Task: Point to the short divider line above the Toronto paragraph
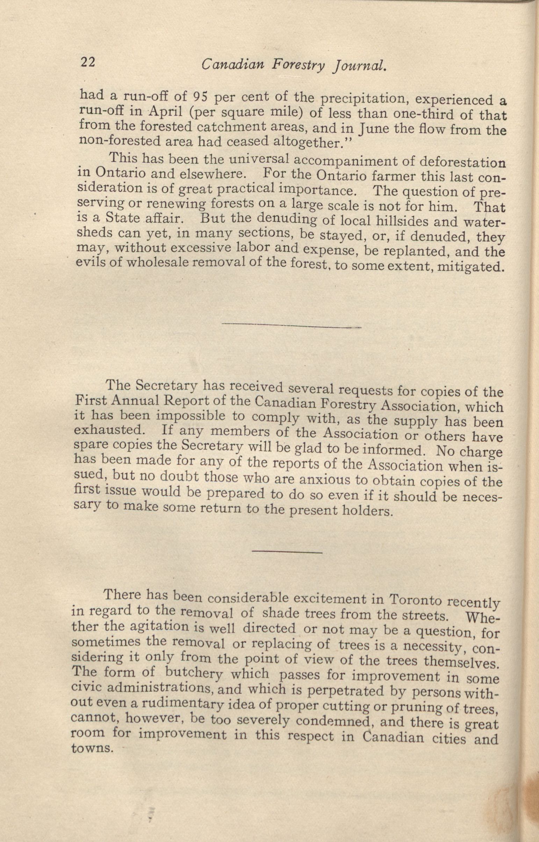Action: (x=287, y=552)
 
